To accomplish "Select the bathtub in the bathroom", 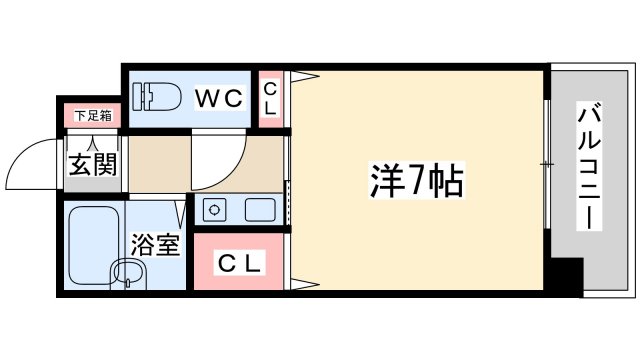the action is (93, 238).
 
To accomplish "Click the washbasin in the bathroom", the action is (125, 273).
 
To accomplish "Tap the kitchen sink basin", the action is (260, 210).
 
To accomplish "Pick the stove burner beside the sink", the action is (212, 210).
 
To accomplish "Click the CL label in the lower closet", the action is (240, 264).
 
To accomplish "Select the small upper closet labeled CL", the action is (270, 99).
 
